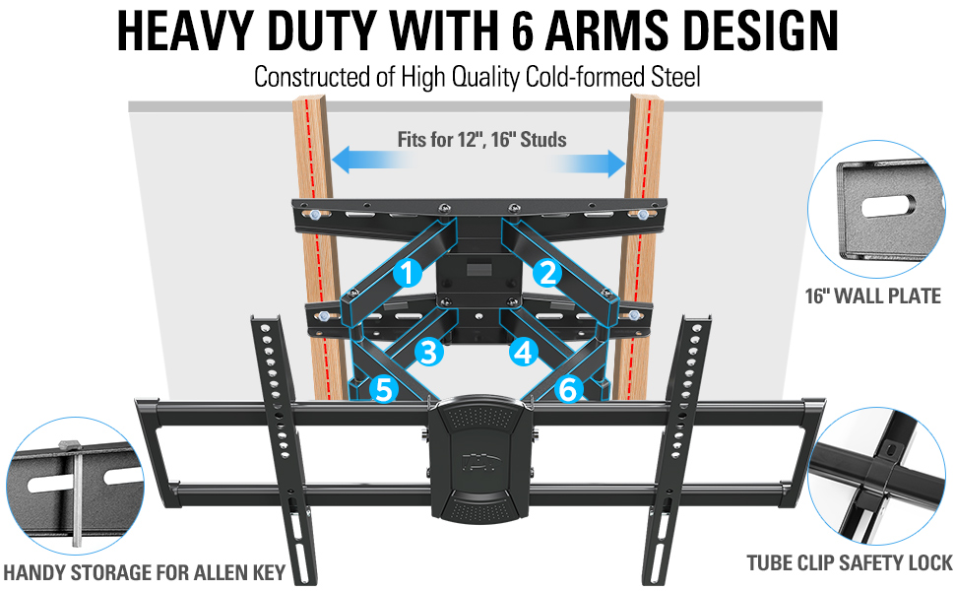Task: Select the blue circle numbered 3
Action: (427, 351)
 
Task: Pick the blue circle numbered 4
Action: (523, 351)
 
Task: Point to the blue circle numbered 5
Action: (383, 390)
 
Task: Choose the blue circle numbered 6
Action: (567, 390)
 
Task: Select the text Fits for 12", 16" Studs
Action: (481, 139)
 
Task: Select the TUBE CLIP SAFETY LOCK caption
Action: (850, 562)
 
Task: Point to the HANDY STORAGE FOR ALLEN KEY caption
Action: (145, 572)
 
